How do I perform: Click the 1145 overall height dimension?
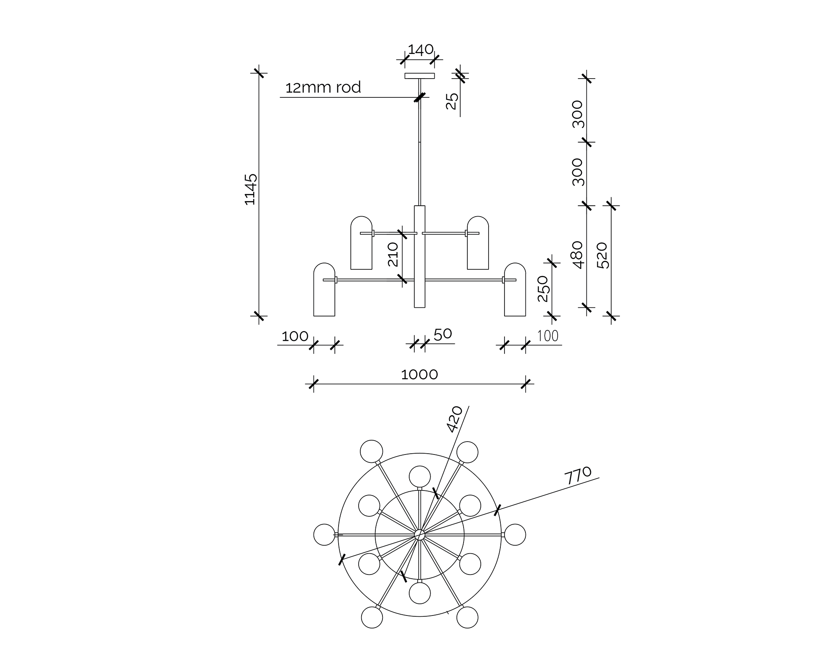pos(250,189)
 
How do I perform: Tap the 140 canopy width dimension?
pos(421,50)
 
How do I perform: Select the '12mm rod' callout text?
pos(323,88)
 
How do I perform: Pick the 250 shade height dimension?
pos(543,288)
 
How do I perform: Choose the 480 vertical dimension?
pos(577,255)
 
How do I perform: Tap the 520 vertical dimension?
pos(603,255)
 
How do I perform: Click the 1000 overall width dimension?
pos(419,374)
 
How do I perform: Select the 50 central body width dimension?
pos(443,334)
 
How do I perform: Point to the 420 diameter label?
pos(455,419)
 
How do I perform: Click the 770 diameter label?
pos(578,475)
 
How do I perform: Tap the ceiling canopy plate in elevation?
pos(420,76)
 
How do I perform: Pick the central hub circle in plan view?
pos(420,534)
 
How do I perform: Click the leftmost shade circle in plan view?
pos(324,534)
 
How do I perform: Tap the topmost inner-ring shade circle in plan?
pos(420,476)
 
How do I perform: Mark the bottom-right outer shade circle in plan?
pos(467,617)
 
